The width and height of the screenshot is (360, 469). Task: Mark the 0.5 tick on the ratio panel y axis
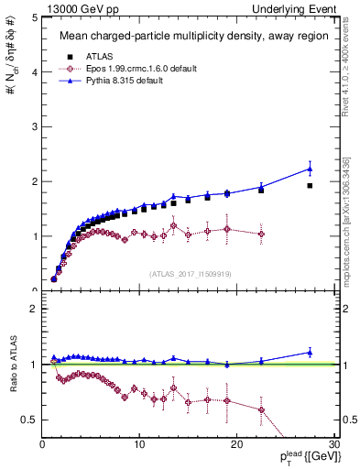29,420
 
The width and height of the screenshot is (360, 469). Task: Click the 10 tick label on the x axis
139,444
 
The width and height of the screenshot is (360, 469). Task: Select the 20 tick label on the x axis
236,444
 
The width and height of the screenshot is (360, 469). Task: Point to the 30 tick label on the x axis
333,444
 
